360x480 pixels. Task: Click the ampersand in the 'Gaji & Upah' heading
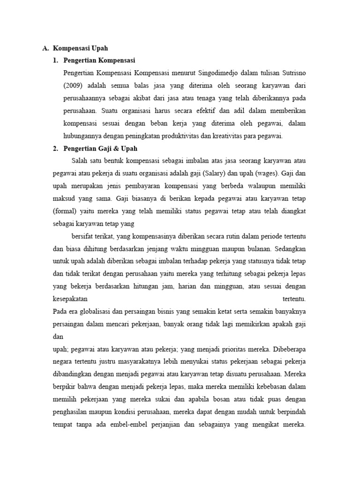point(114,149)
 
